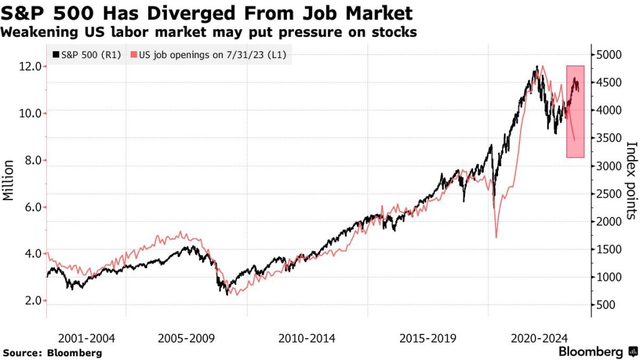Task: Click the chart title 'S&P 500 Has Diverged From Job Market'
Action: coord(207,13)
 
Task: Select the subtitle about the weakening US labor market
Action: coord(209,32)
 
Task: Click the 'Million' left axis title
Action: coord(9,181)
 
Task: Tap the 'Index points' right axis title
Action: coord(631,180)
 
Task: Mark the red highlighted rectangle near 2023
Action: coord(576,112)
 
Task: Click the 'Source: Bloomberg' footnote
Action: coord(52,353)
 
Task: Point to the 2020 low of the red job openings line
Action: coord(496,237)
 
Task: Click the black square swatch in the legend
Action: coord(57,54)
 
